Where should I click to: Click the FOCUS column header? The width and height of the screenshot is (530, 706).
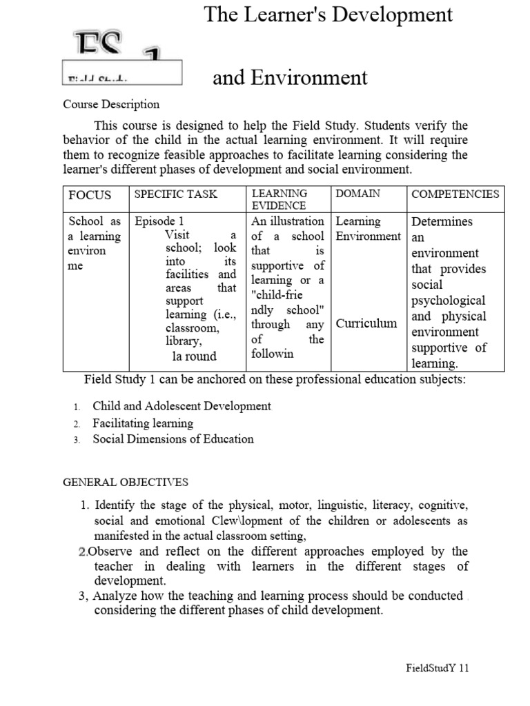[x=90, y=195]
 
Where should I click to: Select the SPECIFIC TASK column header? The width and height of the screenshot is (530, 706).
[x=175, y=194]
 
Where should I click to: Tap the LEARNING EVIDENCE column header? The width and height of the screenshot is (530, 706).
[x=279, y=199]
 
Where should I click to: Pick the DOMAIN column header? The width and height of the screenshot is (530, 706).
[x=357, y=194]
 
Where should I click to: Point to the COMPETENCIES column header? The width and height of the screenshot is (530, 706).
[x=455, y=194]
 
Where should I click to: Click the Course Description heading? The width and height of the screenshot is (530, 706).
[x=111, y=105]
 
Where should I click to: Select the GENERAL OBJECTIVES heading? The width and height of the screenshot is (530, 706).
[x=126, y=482]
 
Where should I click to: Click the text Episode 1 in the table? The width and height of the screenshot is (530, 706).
[x=159, y=221]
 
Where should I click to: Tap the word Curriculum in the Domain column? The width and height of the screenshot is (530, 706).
[x=366, y=323]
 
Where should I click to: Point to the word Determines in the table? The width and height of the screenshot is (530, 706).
[x=442, y=222]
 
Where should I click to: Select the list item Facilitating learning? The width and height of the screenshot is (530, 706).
[x=143, y=423]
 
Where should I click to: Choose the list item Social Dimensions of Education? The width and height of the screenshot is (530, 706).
[x=173, y=439]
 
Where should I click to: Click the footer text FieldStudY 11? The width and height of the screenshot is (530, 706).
[x=437, y=668]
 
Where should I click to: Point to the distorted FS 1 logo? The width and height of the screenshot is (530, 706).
[x=121, y=55]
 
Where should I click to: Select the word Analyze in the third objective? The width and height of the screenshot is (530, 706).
[x=114, y=596]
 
